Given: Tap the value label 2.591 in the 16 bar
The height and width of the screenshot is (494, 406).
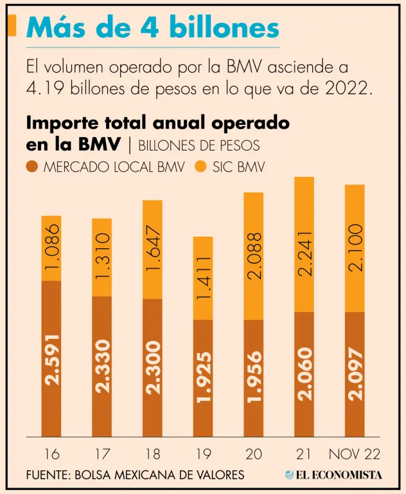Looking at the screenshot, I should point(52,359).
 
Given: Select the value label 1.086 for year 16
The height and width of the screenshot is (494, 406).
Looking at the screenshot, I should point(52,248).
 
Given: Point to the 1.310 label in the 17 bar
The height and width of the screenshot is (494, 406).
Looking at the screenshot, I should point(102,255).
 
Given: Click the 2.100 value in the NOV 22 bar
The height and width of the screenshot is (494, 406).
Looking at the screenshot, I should point(355,248).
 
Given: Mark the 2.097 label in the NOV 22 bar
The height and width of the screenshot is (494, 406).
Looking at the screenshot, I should point(355,372).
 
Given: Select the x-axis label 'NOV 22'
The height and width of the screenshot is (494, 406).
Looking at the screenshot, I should point(355,454).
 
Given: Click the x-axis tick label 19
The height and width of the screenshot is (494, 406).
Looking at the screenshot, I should point(203,454).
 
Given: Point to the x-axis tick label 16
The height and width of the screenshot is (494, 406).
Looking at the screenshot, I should point(52,454).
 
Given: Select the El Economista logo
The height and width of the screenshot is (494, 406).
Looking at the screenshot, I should point(333,475).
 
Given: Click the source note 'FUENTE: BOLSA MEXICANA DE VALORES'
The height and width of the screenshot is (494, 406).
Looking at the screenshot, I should point(136,475).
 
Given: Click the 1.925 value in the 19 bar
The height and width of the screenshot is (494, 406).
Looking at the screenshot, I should point(203,377).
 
